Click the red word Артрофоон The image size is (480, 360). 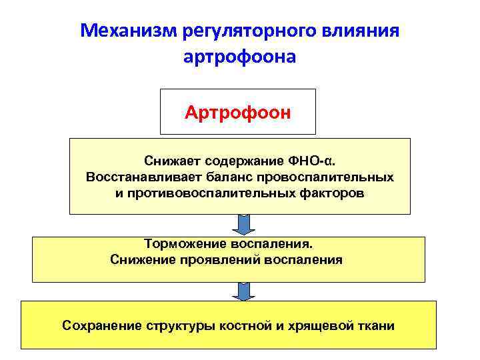[x=238, y=111]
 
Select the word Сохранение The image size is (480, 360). [x=101, y=326]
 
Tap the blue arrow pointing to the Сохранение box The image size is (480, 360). [x=244, y=291]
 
